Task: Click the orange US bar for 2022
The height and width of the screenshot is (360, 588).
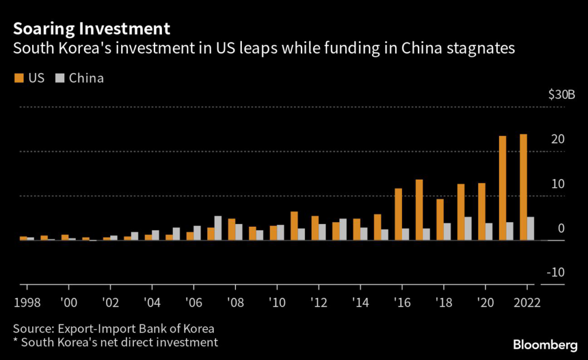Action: [x=523, y=187]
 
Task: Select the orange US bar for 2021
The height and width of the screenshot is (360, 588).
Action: [x=502, y=188]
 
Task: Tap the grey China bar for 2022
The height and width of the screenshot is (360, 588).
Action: [x=531, y=229]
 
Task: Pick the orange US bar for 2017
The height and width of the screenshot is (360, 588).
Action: [x=419, y=210]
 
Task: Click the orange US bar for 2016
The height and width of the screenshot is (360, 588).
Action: [x=398, y=214]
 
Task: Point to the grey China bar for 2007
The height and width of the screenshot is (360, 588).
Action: [x=218, y=228]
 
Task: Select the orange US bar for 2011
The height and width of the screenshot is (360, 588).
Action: [x=294, y=226]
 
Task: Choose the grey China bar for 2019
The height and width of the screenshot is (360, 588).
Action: [x=468, y=229]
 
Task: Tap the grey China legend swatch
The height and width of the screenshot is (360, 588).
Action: [x=60, y=78]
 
